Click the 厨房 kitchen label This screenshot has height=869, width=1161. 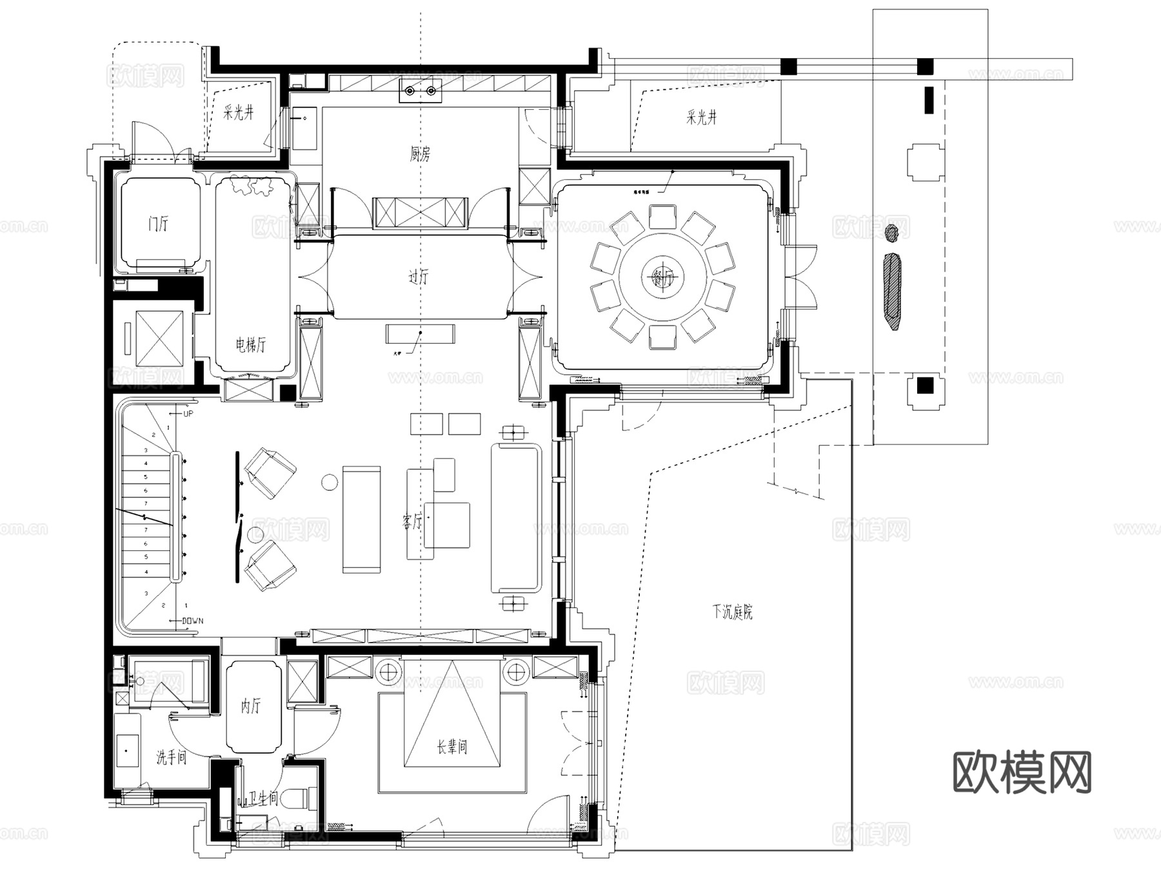[x=420, y=154]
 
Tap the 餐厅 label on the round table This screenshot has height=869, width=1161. [x=662, y=278]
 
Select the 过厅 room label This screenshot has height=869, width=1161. [x=418, y=277]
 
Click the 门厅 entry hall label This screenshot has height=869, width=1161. [x=158, y=224]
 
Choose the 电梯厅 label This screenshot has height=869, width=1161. [x=250, y=345]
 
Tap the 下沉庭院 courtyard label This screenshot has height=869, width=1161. [x=732, y=611]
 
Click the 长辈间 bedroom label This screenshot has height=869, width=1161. [x=451, y=747]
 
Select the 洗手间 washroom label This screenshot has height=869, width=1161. [x=171, y=757]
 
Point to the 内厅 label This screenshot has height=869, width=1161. [x=251, y=706]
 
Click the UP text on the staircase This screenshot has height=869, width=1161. [x=188, y=414]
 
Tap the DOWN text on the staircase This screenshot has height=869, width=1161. [x=192, y=621]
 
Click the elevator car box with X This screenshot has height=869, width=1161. [x=159, y=339]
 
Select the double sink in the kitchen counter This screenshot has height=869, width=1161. [x=420, y=92]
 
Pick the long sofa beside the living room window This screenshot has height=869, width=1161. [x=515, y=518]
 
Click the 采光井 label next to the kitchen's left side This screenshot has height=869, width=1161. [x=239, y=113]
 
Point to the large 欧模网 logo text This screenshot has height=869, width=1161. [x=1022, y=772]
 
